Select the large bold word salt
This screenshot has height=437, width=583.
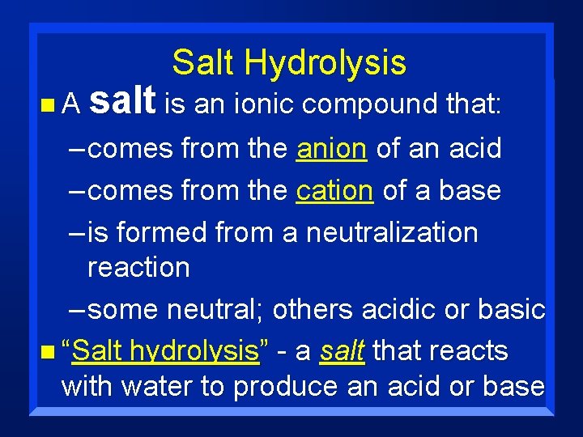click(122, 100)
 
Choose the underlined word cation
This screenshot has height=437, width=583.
click(334, 190)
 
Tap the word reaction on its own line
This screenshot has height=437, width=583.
click(138, 267)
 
